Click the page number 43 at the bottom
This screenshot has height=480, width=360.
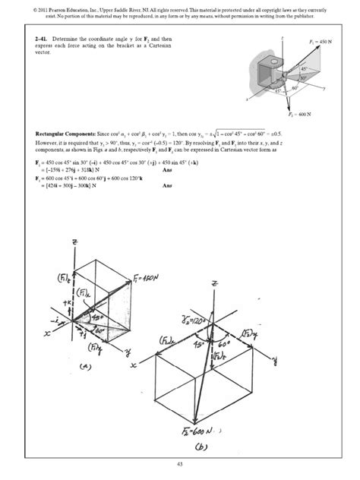(x=180, y=464)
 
